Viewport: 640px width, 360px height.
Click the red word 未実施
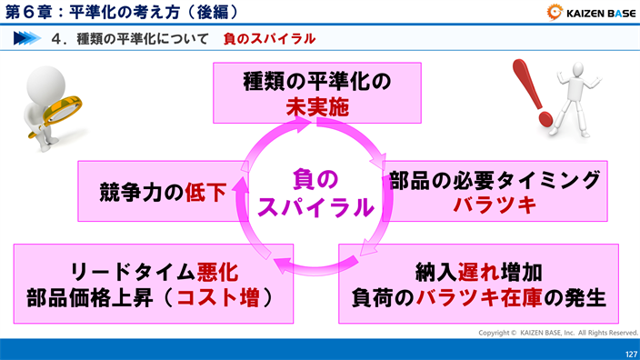[317, 107]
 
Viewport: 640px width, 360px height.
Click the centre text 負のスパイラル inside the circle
[315, 192]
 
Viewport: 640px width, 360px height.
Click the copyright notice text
[558, 333]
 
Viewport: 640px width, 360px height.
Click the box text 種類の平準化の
[317, 80]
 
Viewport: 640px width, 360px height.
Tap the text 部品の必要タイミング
[495, 179]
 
